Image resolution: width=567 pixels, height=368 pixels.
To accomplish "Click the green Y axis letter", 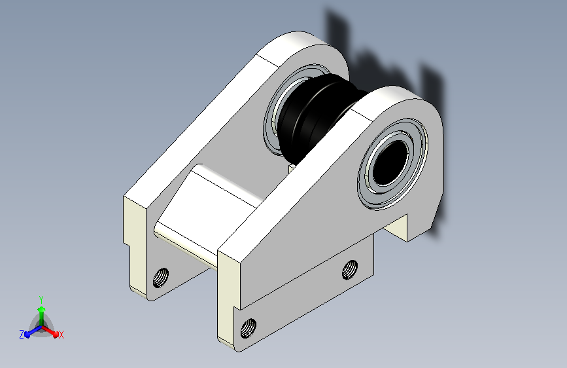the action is click(41, 299).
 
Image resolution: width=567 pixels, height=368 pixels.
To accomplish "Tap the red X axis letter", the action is click(61, 335).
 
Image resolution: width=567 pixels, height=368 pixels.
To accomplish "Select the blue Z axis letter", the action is click(22, 335).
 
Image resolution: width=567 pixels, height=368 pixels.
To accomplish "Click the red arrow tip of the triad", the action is click(56, 334).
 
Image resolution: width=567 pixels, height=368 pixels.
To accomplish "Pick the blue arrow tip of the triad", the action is click(27, 335).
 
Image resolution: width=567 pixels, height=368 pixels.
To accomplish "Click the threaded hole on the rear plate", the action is click(161, 278).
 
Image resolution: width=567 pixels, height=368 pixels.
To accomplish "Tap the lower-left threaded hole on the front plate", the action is click(249, 329).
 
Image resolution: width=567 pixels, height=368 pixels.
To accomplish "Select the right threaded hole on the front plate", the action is click(350, 270).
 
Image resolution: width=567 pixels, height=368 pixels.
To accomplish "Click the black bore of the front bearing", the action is click(390, 162).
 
